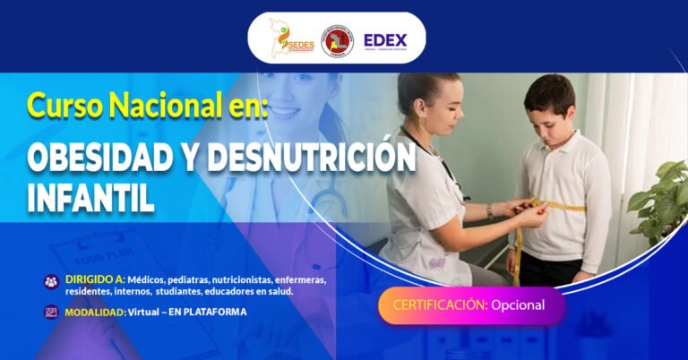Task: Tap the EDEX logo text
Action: [x=384, y=40]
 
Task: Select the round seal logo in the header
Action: [x=338, y=40]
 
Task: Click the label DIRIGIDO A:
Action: [x=95, y=279]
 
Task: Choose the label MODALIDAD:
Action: [x=95, y=312]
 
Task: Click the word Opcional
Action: [x=518, y=305]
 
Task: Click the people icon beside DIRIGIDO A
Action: [x=51, y=280]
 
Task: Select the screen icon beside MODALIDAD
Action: [x=51, y=313]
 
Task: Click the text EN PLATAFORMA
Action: [x=210, y=312]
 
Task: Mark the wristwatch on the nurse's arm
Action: [x=490, y=211]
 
